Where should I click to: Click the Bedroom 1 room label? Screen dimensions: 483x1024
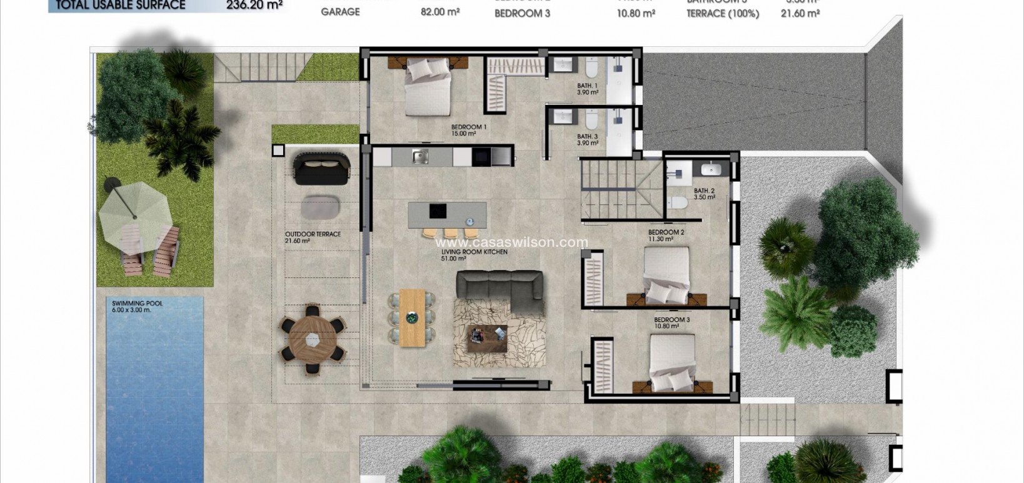(468, 130)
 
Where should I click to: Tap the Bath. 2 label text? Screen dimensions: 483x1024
(704, 194)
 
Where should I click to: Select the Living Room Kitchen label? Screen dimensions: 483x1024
(474, 254)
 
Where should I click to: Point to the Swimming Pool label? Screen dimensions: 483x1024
(137, 306)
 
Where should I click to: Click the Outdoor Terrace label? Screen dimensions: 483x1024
(313, 237)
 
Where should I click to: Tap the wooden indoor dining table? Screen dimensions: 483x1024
(412, 317)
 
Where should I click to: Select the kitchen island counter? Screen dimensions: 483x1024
(447, 214)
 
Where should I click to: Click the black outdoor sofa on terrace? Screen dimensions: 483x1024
(322, 169)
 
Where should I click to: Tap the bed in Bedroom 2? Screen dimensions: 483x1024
(666, 274)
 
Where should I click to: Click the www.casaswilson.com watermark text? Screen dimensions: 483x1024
(511, 242)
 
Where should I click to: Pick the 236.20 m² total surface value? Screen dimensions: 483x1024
(254, 5)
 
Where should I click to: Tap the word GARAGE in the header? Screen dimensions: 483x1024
(340, 12)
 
